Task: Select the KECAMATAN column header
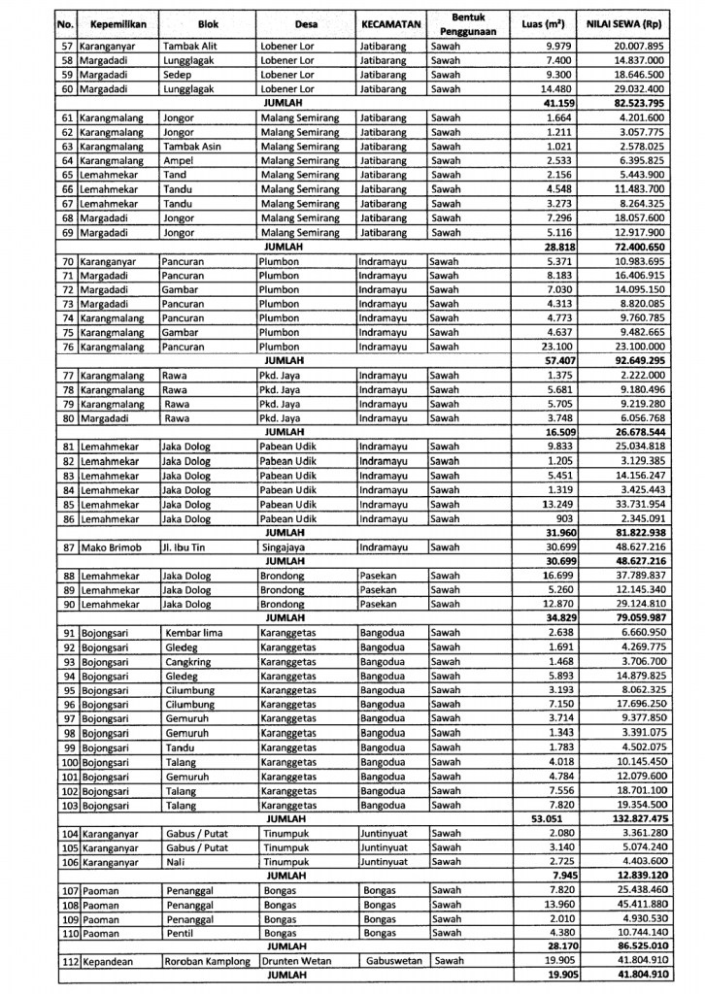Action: (x=389, y=23)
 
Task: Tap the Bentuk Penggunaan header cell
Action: (x=460, y=24)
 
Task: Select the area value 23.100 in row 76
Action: (x=552, y=347)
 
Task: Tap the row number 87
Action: (x=68, y=547)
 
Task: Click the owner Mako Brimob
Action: (x=109, y=547)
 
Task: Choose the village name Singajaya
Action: (x=283, y=547)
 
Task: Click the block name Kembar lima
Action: (x=194, y=633)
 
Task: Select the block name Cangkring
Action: (x=190, y=662)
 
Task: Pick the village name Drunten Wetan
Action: (x=295, y=962)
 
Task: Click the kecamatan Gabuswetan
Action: (x=393, y=962)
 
